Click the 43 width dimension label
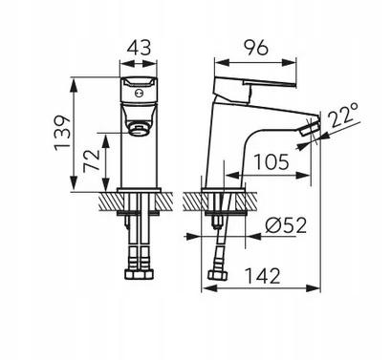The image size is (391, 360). click(x=139, y=48)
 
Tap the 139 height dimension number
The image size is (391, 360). click(x=62, y=133)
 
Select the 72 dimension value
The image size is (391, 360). click(x=92, y=161)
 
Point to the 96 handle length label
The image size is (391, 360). click(x=256, y=48)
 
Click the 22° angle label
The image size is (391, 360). click(x=342, y=115)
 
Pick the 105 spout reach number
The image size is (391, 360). click(x=272, y=161)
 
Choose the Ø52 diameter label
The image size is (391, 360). click(x=286, y=225)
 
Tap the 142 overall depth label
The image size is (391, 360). click(x=263, y=276)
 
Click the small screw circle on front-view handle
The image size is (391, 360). click(x=139, y=94)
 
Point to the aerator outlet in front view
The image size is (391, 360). click(x=139, y=130)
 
